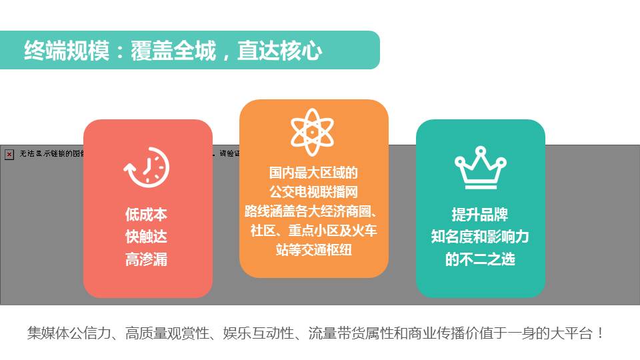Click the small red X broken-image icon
pos(9,155)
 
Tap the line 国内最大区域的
pos(313,173)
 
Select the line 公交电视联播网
pos(313,192)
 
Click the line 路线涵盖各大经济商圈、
pos(313,211)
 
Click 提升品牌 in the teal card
pos(480,215)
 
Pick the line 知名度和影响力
pos(480,237)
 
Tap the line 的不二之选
pos(480,259)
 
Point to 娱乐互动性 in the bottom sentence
pos(257,333)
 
